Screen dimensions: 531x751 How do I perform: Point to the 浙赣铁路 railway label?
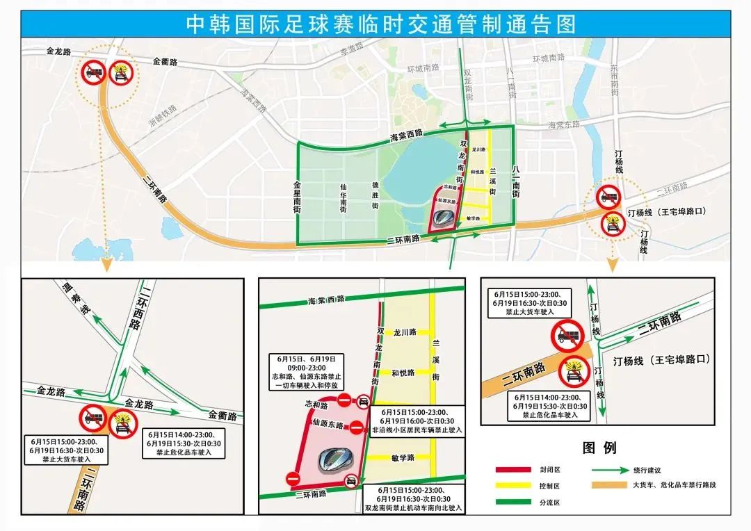click(163, 115)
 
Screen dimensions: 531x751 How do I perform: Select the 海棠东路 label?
click(564, 124)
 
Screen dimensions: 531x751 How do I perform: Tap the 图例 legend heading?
click(599, 447)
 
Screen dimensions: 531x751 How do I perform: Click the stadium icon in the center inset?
click(337, 459)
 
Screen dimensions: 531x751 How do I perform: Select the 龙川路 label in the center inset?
click(404, 332)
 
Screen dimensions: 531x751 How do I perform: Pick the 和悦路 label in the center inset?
click(404, 373)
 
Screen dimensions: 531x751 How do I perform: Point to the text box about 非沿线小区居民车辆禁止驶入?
click(417, 421)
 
